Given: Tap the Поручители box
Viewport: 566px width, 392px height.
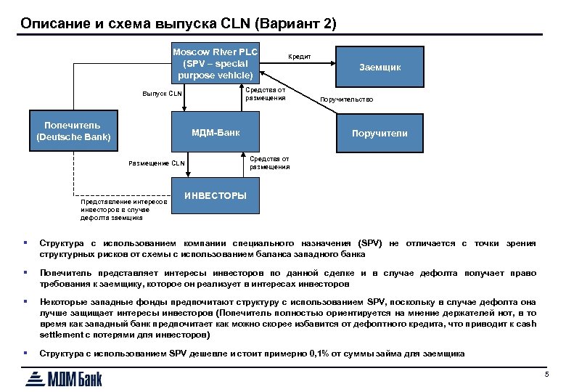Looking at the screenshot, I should click(380, 133).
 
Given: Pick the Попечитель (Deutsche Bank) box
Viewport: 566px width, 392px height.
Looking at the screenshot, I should click(73, 131).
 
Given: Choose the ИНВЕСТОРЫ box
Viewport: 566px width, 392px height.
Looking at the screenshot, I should click(216, 195).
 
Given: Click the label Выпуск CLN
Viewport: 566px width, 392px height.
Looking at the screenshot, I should click(162, 94).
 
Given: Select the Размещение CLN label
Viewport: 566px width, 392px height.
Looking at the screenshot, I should click(156, 163).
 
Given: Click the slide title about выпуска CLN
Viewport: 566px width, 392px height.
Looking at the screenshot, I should click(179, 23).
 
